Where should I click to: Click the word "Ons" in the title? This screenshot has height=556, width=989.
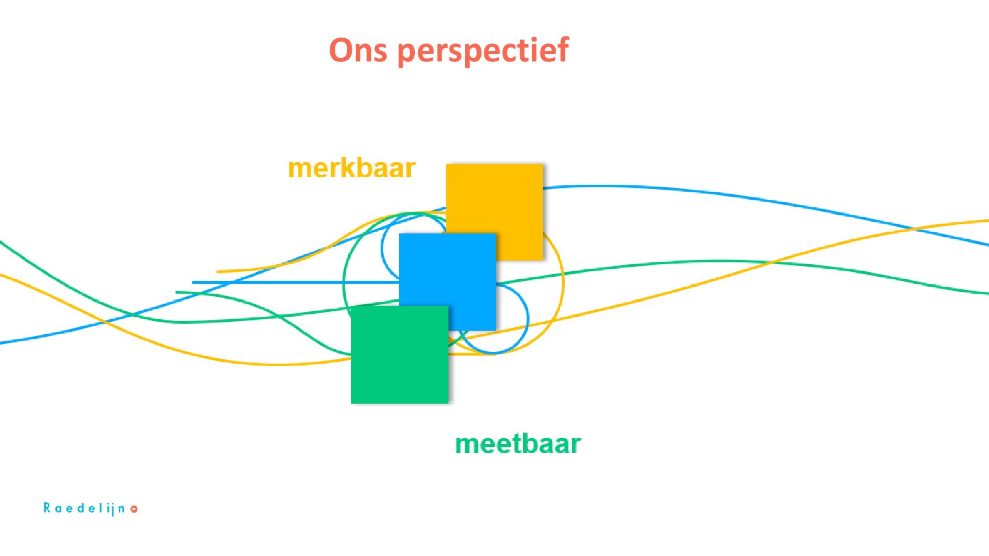coord(357,50)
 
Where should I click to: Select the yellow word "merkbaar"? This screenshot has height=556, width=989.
coord(352,169)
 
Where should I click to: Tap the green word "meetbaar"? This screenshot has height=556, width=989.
coord(517,444)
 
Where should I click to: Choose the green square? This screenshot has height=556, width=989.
coord(399,354)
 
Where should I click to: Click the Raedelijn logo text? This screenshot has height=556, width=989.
coord(85,509)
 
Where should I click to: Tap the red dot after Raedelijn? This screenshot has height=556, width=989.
coord(134,509)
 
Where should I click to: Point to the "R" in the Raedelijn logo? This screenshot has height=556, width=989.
coord(47,508)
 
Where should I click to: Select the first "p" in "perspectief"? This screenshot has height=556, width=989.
coord(406,53)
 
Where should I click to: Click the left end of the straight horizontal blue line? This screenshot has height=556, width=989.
coord(194,283)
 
